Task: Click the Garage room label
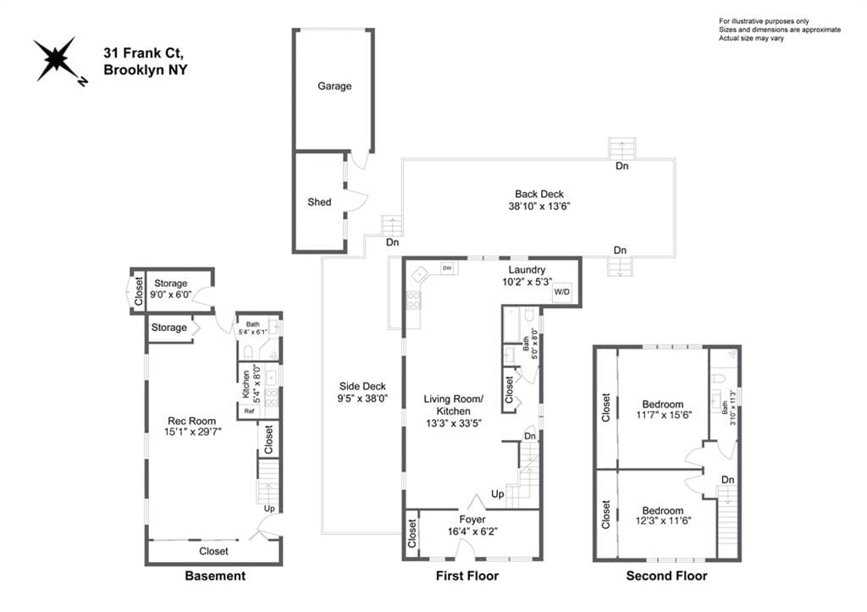[334, 86]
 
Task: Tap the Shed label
[319, 202]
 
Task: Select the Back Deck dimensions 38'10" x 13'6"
[539, 207]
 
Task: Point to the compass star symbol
[55, 58]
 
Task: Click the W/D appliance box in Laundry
[562, 292]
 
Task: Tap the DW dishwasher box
[447, 268]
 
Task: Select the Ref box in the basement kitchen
[250, 411]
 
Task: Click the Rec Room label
[192, 421]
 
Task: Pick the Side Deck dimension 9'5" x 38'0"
[362, 398]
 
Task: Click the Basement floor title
[215, 576]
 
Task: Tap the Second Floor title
[667, 576]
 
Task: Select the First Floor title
[467, 576]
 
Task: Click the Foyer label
[472, 520]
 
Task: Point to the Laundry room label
[527, 270]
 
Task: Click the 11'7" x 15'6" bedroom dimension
[664, 415]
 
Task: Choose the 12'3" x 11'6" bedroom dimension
[664, 521]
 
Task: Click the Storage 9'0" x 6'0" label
[170, 289]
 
